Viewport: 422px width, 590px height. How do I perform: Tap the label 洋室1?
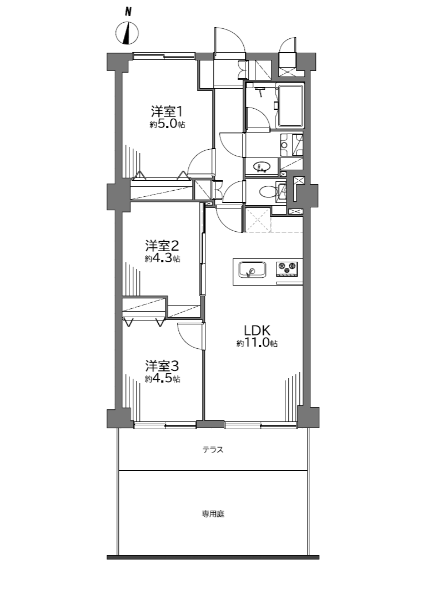(x=167, y=111)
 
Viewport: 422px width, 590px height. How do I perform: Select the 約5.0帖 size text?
(x=167, y=125)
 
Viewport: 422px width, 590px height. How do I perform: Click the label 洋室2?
(x=162, y=246)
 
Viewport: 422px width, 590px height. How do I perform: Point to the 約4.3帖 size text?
(x=162, y=259)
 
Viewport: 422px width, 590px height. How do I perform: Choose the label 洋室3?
(x=162, y=365)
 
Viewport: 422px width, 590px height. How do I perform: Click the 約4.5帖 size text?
(x=162, y=379)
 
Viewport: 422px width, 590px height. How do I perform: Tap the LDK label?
(x=257, y=330)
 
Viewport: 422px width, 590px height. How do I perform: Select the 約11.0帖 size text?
(x=257, y=343)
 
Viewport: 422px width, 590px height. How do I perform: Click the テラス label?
(x=213, y=449)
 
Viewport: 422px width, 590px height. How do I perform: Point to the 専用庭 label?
(x=213, y=513)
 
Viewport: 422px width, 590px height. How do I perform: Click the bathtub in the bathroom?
(x=290, y=105)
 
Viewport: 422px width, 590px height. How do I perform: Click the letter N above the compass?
(x=128, y=12)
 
